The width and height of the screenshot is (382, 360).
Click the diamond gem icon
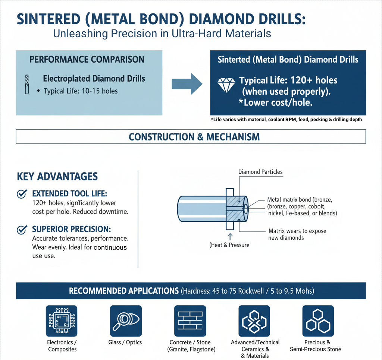(226, 85)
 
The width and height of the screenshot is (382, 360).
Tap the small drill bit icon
(27, 84)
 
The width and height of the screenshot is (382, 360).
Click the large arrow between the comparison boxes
(187, 84)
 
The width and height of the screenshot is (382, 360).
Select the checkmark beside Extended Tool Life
(22, 194)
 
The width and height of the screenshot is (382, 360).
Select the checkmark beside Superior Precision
(22, 230)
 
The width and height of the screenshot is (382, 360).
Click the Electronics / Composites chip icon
(62, 321)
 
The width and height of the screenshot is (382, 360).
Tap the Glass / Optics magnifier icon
(126, 321)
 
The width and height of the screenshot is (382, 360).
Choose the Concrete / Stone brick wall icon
(190, 321)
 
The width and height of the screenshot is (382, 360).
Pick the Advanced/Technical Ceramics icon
(254, 321)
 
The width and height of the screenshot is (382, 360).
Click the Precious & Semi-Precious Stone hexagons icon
(318, 321)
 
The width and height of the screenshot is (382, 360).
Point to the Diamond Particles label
(260, 172)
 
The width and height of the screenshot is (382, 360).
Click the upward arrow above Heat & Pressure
(230, 237)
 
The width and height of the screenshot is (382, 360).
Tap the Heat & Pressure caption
(229, 245)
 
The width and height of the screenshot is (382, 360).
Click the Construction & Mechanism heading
(194, 137)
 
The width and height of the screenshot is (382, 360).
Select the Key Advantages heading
(57, 177)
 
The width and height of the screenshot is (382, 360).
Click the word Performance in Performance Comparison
(59, 59)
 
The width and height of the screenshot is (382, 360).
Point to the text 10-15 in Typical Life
(91, 91)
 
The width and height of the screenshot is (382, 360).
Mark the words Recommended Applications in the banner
(124, 291)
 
